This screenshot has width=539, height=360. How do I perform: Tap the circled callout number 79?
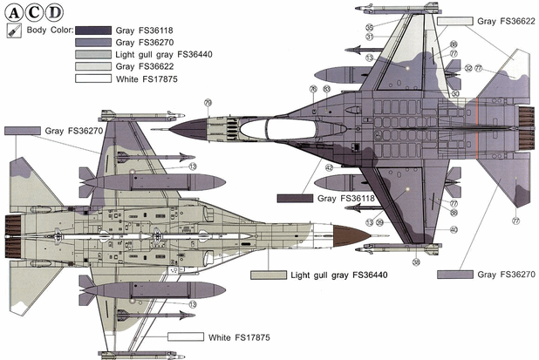coord(208,103)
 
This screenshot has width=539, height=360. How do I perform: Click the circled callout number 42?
coord(330,166)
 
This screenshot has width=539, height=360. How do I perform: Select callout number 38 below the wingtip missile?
coord(416,262)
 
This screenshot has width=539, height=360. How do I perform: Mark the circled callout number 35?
coord(370,27)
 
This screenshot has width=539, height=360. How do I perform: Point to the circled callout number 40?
coord(454,229)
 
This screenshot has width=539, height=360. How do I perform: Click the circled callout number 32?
coord(467,67)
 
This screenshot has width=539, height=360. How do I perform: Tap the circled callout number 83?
coord(325,89)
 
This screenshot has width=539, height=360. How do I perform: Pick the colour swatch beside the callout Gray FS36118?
coord(294,199)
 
